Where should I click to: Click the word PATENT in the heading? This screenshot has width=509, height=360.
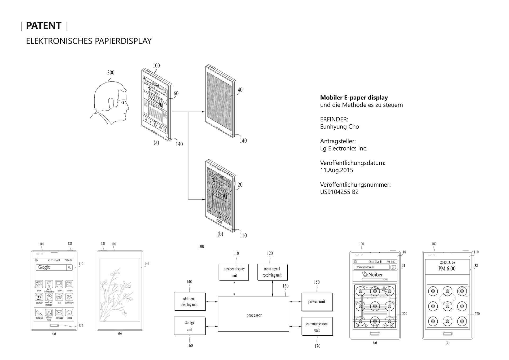[44, 26]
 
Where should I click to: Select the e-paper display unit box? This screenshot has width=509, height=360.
[234, 272]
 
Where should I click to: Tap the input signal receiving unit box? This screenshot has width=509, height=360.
[272, 272]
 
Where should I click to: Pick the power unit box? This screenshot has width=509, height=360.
[317, 302]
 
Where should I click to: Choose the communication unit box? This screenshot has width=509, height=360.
[317, 327]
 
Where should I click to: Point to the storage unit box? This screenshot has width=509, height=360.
[190, 326]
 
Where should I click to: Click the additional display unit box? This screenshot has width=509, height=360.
[190, 301]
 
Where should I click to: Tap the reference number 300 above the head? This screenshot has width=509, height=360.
[111, 73]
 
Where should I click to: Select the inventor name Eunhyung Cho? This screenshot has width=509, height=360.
[339, 127]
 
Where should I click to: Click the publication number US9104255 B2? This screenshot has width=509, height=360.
[339, 192]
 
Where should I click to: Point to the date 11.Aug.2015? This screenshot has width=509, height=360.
[336, 170]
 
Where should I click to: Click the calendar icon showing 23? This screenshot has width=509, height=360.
[39, 297]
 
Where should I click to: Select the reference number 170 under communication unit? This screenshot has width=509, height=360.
[317, 346]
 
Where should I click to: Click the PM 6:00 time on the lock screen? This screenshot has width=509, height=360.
[447, 269]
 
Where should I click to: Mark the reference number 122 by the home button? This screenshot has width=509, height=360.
[81, 325]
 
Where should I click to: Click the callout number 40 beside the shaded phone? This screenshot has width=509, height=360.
[240, 90]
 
